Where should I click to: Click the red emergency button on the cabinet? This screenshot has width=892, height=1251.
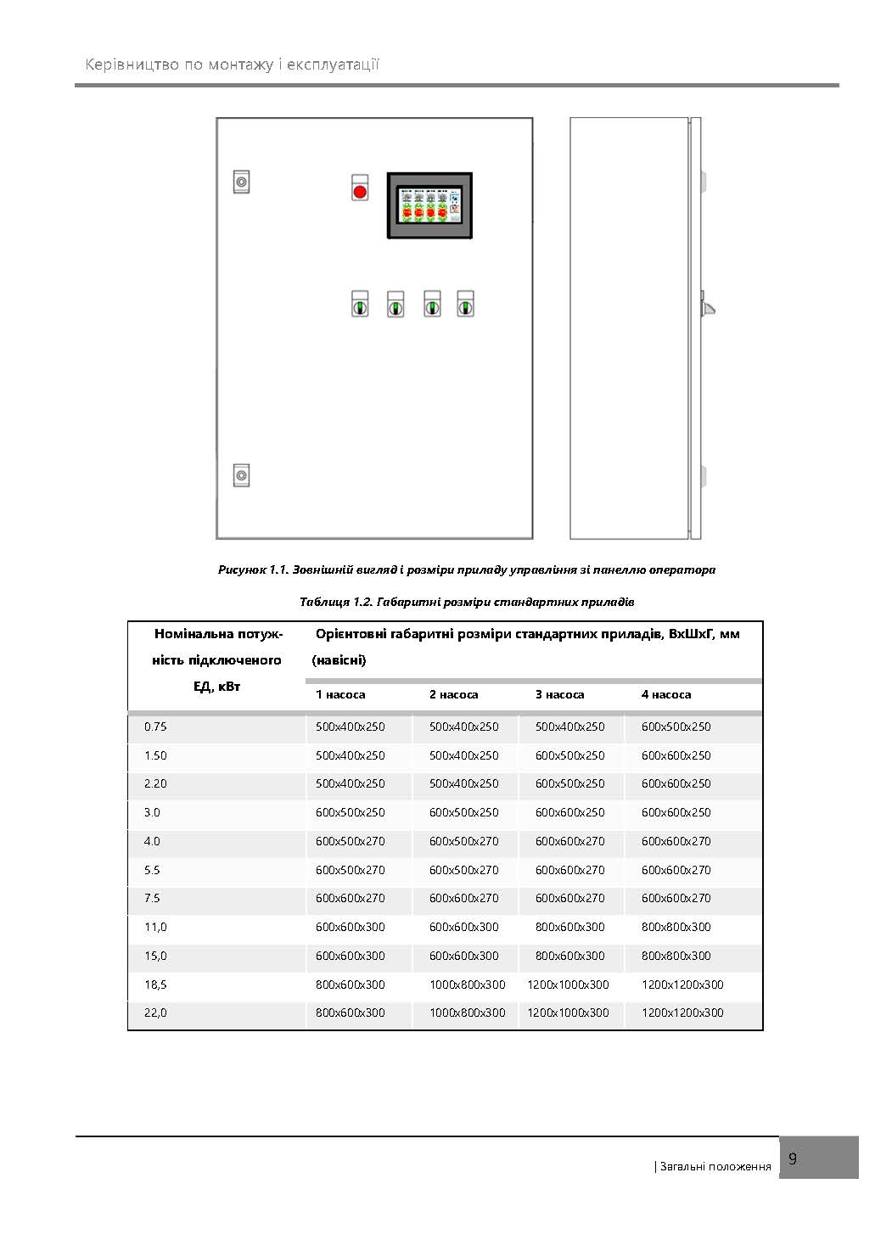(x=360, y=191)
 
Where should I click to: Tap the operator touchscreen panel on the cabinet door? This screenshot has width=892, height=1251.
(x=429, y=206)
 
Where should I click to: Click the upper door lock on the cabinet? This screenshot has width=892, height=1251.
(x=241, y=182)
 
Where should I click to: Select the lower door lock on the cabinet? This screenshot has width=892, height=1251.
(x=241, y=475)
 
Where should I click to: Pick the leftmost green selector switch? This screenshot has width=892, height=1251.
(x=360, y=305)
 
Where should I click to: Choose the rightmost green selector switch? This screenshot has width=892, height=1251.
(x=465, y=305)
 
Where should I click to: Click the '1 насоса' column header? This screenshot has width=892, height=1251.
(x=340, y=694)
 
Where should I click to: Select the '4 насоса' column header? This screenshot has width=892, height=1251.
(x=665, y=694)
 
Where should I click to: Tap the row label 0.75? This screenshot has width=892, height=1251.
(x=155, y=726)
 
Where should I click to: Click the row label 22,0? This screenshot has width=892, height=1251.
(x=155, y=1013)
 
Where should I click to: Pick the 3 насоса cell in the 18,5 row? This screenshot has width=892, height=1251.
(x=568, y=985)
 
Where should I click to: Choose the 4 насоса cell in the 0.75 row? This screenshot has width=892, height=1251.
(x=676, y=726)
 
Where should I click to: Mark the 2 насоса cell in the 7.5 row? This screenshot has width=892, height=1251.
(x=463, y=898)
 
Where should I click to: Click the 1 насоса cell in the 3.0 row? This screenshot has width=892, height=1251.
(x=350, y=812)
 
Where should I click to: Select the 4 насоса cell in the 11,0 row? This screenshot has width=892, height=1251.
(x=676, y=927)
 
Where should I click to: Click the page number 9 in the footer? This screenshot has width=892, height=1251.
(x=793, y=1158)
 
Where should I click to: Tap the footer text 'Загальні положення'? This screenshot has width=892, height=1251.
(x=715, y=1166)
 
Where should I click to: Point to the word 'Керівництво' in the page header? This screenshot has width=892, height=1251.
(x=131, y=65)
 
